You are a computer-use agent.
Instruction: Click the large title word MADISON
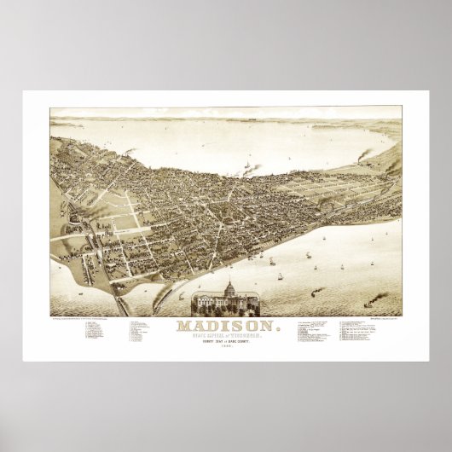click(x=227, y=325)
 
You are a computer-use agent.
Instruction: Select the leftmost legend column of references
click(x=90, y=333)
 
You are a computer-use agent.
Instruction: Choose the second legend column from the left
click(x=136, y=333)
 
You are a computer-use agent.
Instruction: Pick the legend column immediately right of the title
click(x=311, y=333)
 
